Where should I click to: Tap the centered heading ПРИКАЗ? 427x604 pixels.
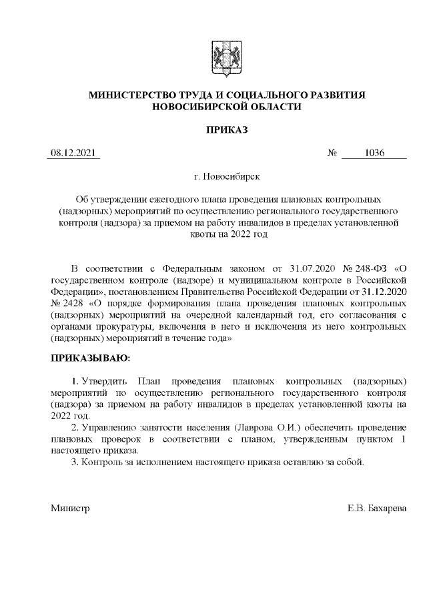click(226, 129)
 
